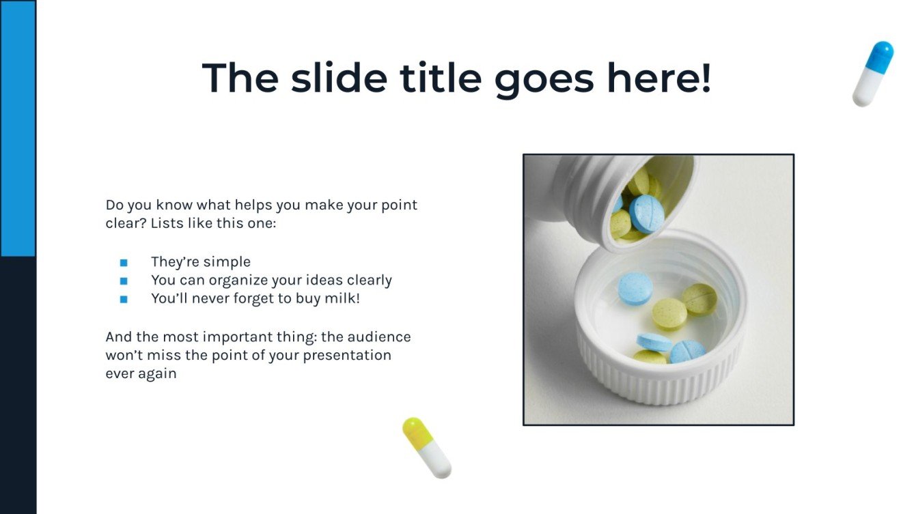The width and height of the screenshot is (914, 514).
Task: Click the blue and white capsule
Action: [x=872, y=74]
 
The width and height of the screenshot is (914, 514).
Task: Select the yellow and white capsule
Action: [x=427, y=447]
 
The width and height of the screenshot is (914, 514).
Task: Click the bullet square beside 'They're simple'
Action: [x=124, y=263]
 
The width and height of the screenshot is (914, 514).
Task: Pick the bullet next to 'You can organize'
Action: [x=124, y=281]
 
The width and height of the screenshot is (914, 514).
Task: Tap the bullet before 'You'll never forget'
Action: [x=124, y=299]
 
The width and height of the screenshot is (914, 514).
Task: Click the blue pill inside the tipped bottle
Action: [x=646, y=213]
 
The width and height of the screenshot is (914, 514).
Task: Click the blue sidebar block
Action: [x=18, y=128]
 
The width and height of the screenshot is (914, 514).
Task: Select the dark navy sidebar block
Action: [x=18, y=385]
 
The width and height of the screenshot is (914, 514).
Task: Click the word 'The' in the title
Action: [x=240, y=78]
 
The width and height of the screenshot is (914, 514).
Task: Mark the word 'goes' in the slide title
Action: [x=544, y=78]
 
